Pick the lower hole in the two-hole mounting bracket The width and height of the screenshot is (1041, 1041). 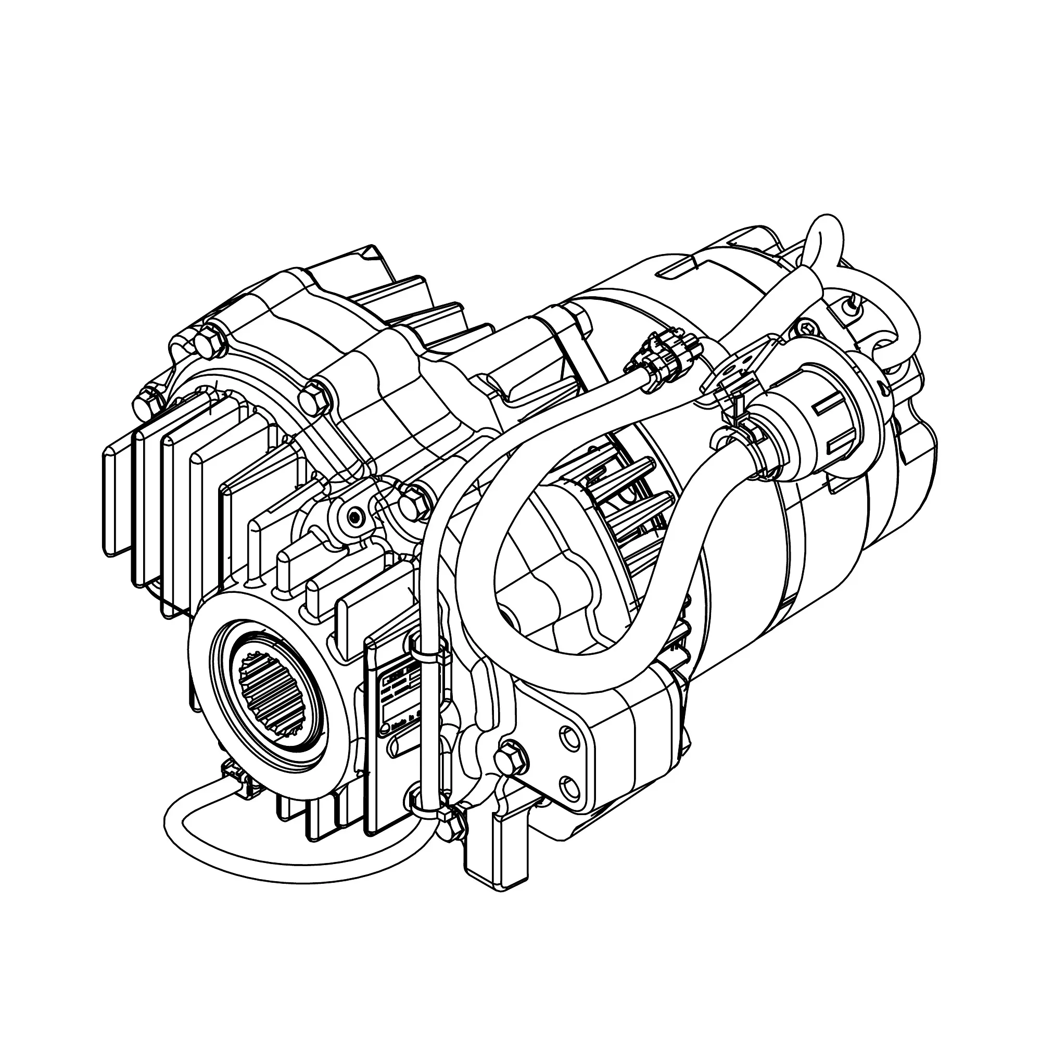click(x=569, y=784)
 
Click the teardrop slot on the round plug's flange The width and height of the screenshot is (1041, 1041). click(x=884, y=388)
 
